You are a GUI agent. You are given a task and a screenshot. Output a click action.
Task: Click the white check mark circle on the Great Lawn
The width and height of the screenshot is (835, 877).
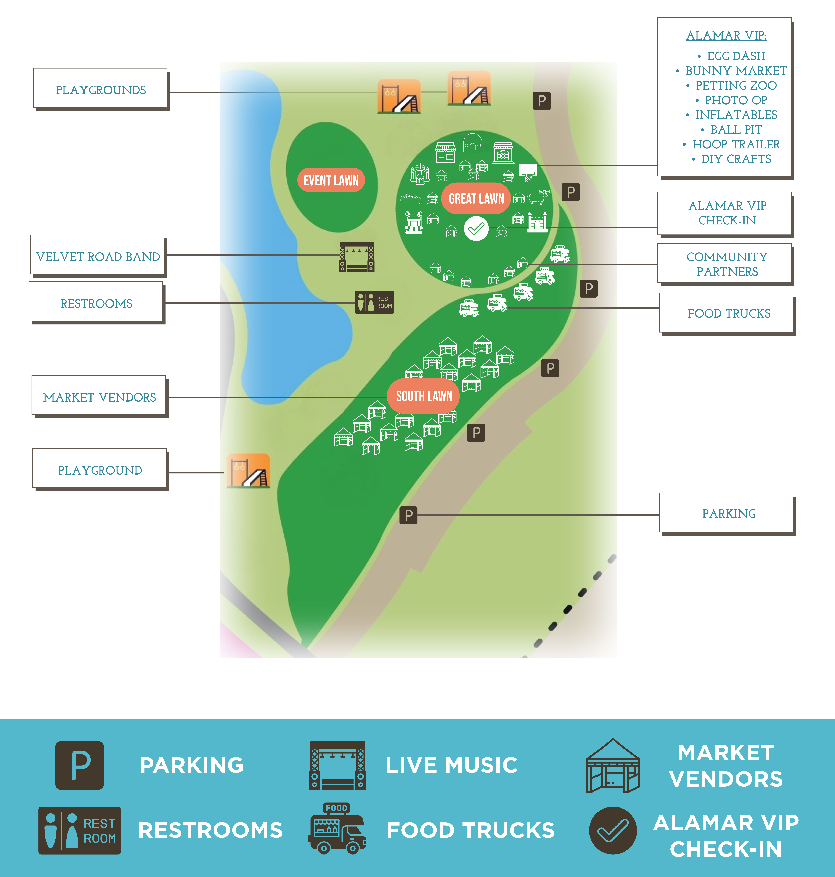[476, 229]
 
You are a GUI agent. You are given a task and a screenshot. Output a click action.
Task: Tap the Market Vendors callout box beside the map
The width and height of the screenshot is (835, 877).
[99, 397]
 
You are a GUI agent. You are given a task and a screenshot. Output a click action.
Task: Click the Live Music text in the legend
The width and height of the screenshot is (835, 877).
[451, 765]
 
